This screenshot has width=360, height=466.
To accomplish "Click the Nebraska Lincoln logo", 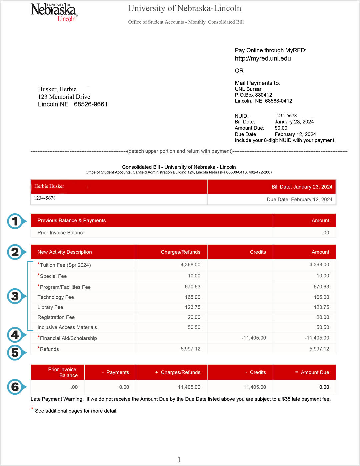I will click(54, 12).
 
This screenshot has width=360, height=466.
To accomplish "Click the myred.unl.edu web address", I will click(263, 59).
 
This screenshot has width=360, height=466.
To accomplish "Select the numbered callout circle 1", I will click(15, 221).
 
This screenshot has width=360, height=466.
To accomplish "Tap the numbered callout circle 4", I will click(15, 335).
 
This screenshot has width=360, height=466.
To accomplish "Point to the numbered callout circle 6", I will click(15, 387).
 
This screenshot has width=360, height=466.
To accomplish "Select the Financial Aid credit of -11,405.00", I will click(254, 338).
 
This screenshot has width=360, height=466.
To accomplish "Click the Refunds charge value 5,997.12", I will click(190, 349).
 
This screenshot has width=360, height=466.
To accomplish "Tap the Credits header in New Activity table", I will click(258, 252).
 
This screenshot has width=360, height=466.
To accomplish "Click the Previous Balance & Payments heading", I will click(71, 221).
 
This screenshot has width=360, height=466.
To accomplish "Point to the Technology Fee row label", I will click(56, 297).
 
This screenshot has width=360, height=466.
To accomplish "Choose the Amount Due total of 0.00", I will click(324, 387).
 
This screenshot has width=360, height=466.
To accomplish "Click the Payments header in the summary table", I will click(117, 372).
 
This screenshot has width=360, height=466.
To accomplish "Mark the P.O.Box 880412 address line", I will click(253, 95).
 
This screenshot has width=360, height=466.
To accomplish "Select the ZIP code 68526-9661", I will click(91, 104).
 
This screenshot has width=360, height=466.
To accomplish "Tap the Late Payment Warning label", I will click(57, 399).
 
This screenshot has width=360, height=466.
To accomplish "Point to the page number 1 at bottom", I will click(179, 460).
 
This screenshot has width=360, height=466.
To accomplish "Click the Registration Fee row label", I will click(56, 317).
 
